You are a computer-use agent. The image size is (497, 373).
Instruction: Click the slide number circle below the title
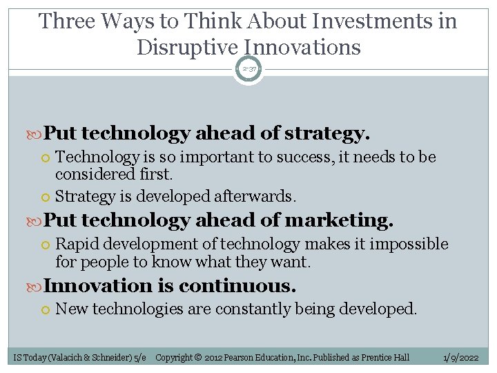click(248, 69)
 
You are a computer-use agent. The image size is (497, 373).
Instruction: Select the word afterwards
click(255, 196)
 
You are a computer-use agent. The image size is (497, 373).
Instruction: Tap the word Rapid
click(76, 244)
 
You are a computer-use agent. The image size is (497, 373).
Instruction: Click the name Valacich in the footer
click(68, 357)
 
